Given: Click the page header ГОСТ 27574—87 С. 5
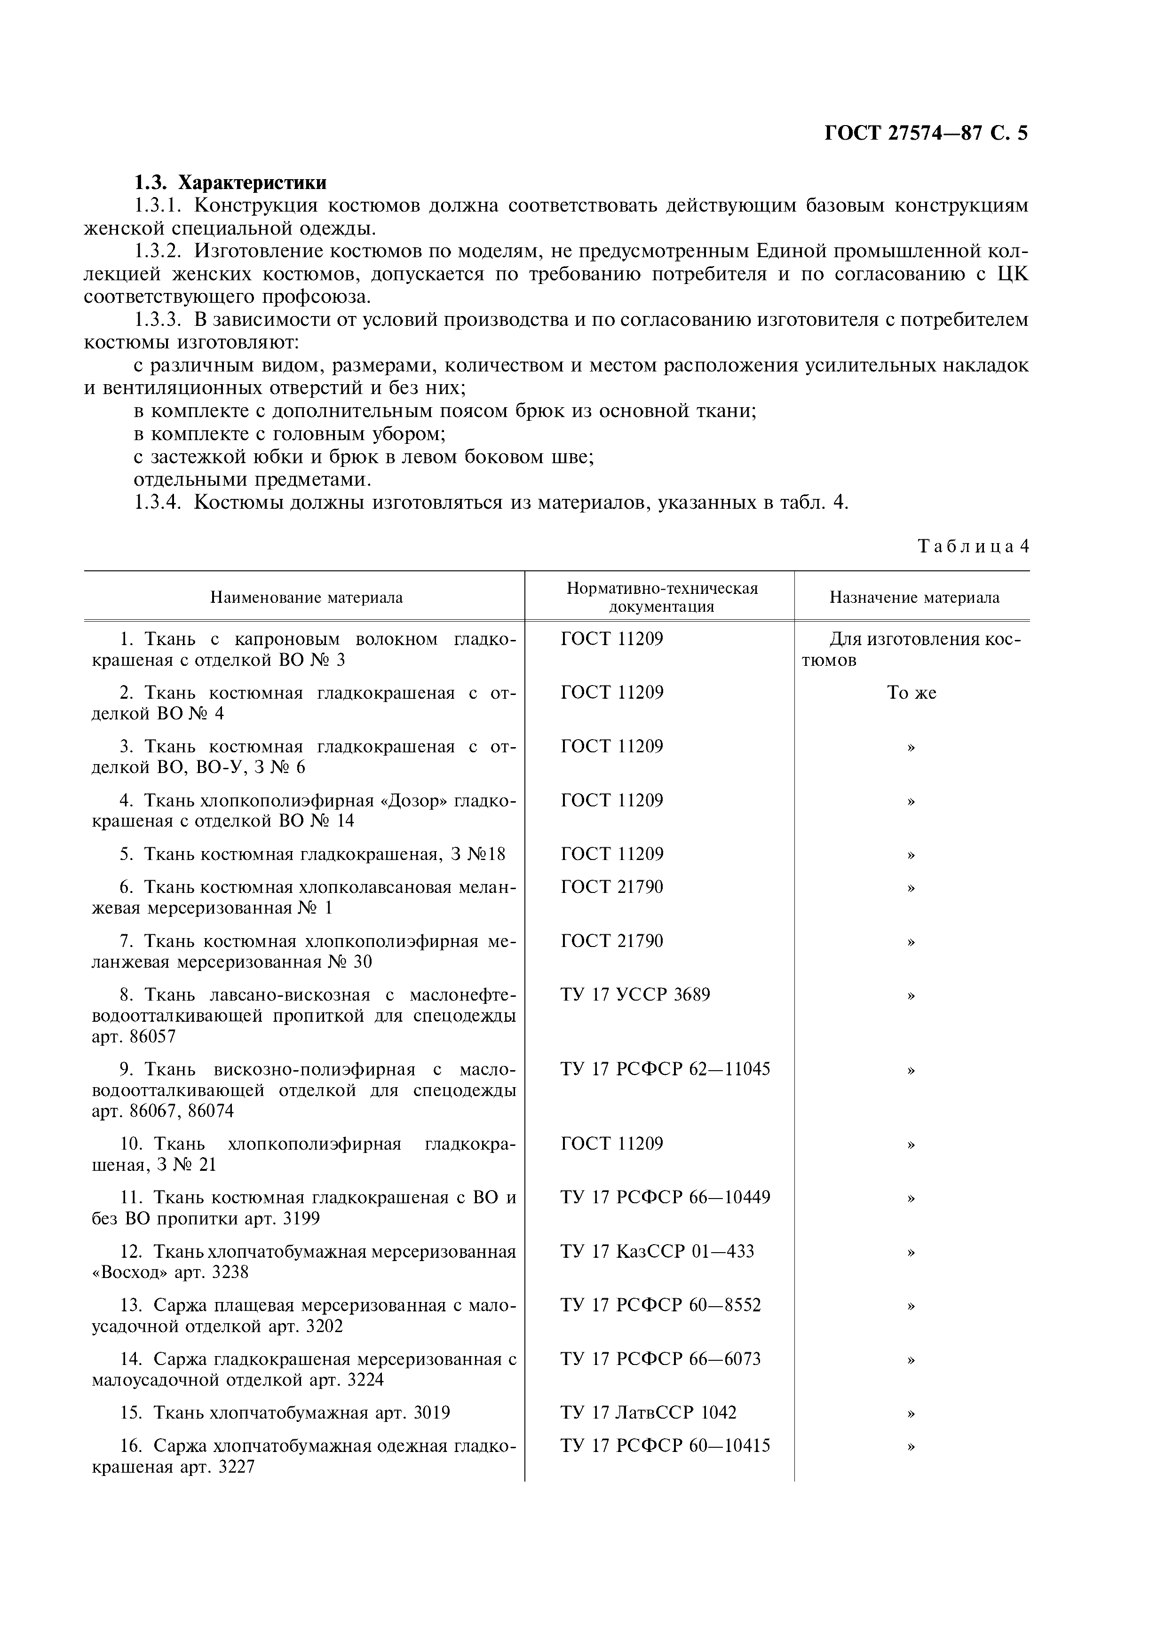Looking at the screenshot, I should pos(926,134).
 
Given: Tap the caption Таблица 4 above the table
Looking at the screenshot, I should pos(973,546).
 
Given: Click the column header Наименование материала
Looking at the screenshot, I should pos(306,598).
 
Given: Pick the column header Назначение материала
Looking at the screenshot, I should pos(914,598).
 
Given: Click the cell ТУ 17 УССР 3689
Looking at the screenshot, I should pos(635,995).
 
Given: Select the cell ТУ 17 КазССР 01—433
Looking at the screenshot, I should pos(657,1251).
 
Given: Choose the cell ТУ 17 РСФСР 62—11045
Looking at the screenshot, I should pos(665,1069).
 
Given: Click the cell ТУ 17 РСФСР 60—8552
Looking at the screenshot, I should pos(660,1305).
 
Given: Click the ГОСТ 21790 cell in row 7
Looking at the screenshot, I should pos(612,941).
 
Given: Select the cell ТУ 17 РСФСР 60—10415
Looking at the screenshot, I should pos(665,1446).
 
